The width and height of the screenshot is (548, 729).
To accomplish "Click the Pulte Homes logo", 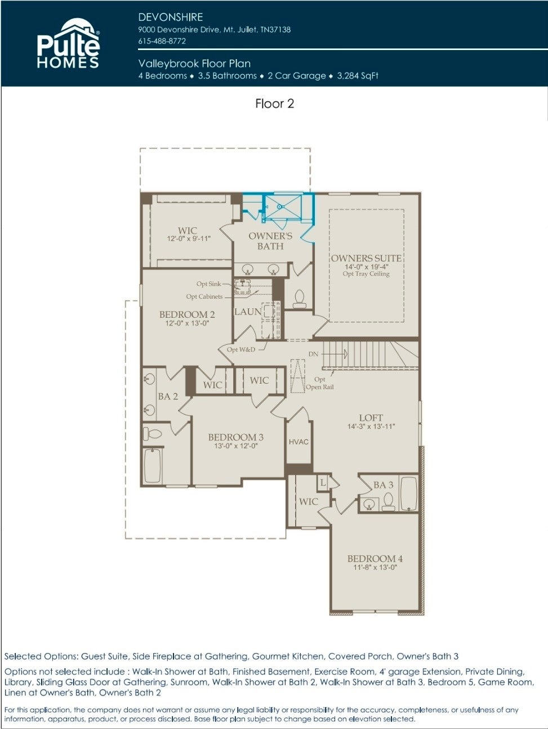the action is coord(68,43).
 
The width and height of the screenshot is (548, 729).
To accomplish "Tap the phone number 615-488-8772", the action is coord(162,41).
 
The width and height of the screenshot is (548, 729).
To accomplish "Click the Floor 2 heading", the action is coord(274,103).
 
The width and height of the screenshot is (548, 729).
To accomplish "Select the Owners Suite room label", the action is coord(366,258).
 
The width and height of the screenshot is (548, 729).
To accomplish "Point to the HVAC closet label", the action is coord(298,442).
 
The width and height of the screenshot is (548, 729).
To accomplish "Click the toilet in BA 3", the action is coord(388,501).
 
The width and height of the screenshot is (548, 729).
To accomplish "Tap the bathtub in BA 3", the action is coord(409,494).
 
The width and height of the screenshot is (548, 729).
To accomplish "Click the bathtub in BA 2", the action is coord(153,465).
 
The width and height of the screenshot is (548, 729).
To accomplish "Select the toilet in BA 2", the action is coord(152,434).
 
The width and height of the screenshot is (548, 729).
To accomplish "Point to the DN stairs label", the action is coord(313,354).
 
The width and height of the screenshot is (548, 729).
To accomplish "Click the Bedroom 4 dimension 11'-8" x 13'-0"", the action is coord(375,567).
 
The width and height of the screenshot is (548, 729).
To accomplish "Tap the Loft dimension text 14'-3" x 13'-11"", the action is coord(371,426).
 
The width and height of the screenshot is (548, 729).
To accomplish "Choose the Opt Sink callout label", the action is coord(208,283).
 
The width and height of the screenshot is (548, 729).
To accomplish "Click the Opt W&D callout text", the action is coord(240,349).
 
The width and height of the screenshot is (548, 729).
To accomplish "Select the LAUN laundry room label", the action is coord(248,312).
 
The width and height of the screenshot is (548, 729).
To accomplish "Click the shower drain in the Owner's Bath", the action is coord(280,206).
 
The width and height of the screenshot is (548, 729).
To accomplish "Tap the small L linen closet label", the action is coord(323,482).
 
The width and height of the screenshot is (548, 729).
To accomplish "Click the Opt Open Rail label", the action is coord(319,383).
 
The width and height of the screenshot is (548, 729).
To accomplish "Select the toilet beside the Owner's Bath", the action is coord(300,298).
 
